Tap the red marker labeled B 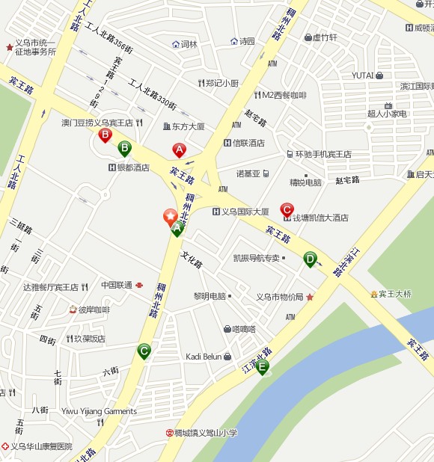106,135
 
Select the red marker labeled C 287,209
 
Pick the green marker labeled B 124,148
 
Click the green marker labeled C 144,350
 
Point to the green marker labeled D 310,259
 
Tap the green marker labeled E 262,366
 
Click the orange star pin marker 171,217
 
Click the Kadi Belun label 204,357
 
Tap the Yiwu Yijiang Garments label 99,411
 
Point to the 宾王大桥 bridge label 394,294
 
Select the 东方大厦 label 188,126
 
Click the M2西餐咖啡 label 284,95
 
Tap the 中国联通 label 117,285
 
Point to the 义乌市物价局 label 279,297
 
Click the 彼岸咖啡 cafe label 94,309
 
